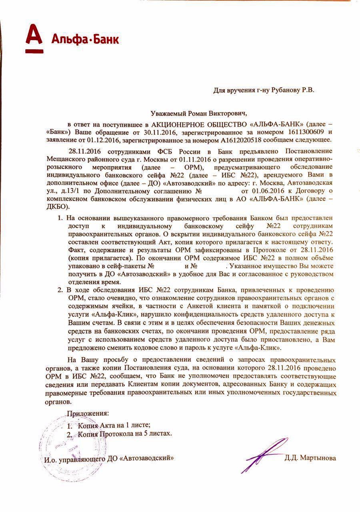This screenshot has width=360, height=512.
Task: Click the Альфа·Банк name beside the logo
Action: (x=85, y=40)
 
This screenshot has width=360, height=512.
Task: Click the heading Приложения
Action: (x=87, y=413)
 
